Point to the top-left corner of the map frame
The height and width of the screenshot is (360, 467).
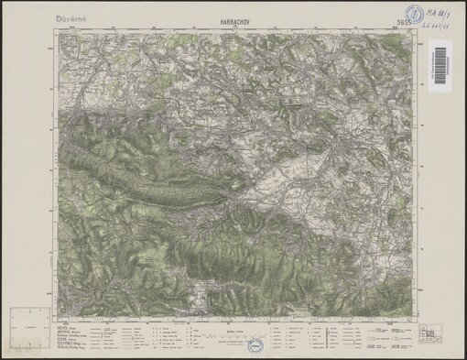click(57, 31)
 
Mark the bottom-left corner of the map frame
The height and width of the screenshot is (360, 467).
click(57, 316)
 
